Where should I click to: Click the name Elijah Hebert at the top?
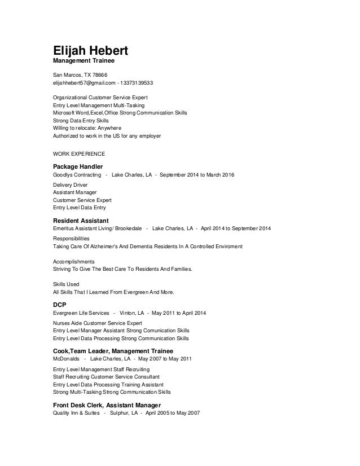tap(90, 50)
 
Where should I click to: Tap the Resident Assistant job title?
tap(81, 219)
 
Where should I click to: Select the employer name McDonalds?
tap(65, 359)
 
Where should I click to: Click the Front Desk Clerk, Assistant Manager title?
tap(107, 406)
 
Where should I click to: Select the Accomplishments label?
tap(74, 262)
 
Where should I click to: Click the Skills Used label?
tap(66, 284)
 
